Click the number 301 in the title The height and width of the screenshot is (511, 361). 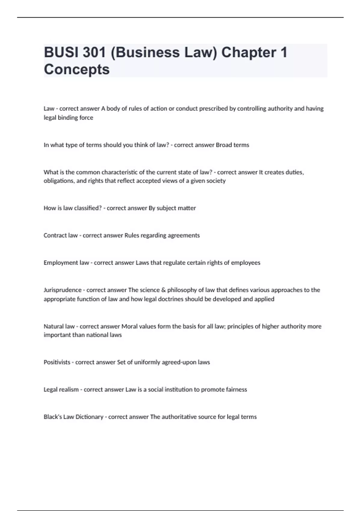(94, 52)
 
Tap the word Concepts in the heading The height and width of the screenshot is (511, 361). (77, 69)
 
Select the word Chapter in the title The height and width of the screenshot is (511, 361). (248, 52)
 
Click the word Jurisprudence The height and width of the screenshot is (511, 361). (63, 290)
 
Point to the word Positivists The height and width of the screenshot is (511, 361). (57, 362)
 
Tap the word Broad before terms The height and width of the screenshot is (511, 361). (224, 145)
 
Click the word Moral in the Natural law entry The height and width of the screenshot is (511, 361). (129, 326)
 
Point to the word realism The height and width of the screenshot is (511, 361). (69, 390)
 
